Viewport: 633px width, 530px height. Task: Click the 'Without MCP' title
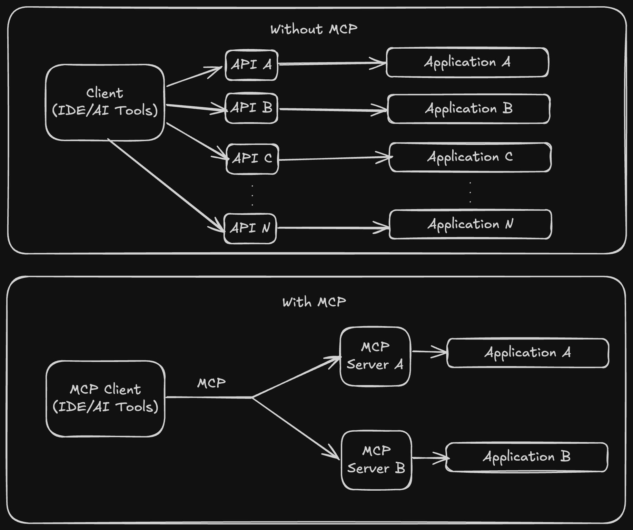[x=314, y=29]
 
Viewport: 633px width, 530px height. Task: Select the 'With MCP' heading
[x=314, y=302]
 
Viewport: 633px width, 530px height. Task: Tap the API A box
[x=251, y=65]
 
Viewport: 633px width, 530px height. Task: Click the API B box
[x=251, y=108]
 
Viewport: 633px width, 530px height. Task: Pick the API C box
[x=252, y=159]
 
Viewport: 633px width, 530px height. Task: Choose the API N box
[x=250, y=228]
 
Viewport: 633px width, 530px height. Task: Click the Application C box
[x=470, y=157]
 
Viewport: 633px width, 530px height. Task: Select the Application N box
[x=470, y=224]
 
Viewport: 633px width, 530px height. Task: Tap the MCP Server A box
[x=375, y=356]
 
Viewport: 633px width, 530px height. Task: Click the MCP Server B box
[x=376, y=460]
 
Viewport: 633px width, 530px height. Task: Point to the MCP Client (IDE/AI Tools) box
[x=106, y=399]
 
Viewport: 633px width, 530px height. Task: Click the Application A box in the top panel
[x=467, y=62]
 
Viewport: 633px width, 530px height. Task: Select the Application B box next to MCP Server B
[x=526, y=457]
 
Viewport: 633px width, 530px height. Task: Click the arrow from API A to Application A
[x=331, y=63]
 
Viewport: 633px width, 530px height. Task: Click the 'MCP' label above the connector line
[x=211, y=383]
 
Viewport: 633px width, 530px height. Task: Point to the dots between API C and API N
[x=253, y=196]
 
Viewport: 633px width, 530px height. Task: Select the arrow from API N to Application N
[x=333, y=228]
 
